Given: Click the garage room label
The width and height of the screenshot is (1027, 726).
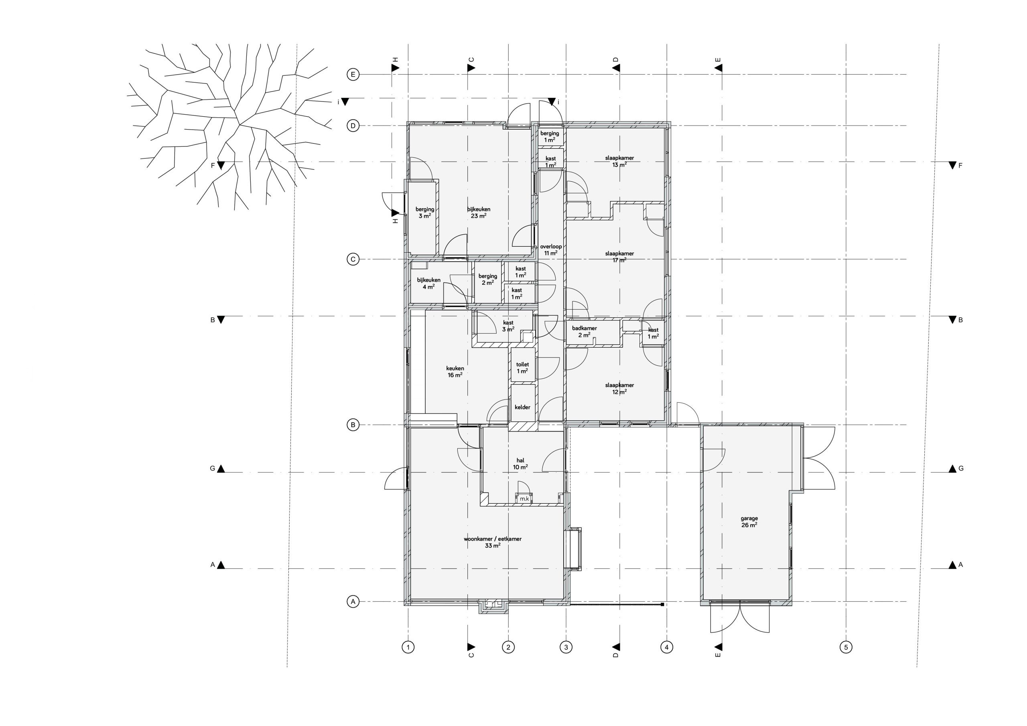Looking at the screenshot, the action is (749, 522).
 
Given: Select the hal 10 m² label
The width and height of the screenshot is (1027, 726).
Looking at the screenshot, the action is (520, 463).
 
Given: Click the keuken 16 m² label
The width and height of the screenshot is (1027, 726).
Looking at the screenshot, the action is (455, 372).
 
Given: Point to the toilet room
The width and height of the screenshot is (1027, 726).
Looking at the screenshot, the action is (522, 368).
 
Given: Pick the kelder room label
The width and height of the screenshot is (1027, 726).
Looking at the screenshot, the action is (522, 407).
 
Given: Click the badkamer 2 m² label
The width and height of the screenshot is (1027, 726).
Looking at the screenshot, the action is (584, 331).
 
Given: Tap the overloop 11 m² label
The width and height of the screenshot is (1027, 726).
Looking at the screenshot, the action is (551, 249).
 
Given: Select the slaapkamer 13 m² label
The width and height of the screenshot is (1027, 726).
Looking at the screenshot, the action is (619, 161).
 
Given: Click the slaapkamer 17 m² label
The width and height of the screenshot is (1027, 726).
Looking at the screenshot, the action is (619, 257).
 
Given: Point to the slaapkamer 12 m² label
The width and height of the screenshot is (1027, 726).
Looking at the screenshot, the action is (619, 388).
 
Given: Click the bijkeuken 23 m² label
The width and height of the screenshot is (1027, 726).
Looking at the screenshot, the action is (479, 213).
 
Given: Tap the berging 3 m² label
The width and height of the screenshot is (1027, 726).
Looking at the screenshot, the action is (424, 213).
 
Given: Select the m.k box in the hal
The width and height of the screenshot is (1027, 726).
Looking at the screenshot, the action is (524, 498).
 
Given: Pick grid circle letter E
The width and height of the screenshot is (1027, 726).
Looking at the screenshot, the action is (353, 75).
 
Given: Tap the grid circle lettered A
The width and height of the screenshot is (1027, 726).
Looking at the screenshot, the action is (353, 602).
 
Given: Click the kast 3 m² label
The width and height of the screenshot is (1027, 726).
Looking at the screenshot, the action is (508, 326).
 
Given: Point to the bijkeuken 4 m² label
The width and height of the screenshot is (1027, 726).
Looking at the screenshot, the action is (428, 283).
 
